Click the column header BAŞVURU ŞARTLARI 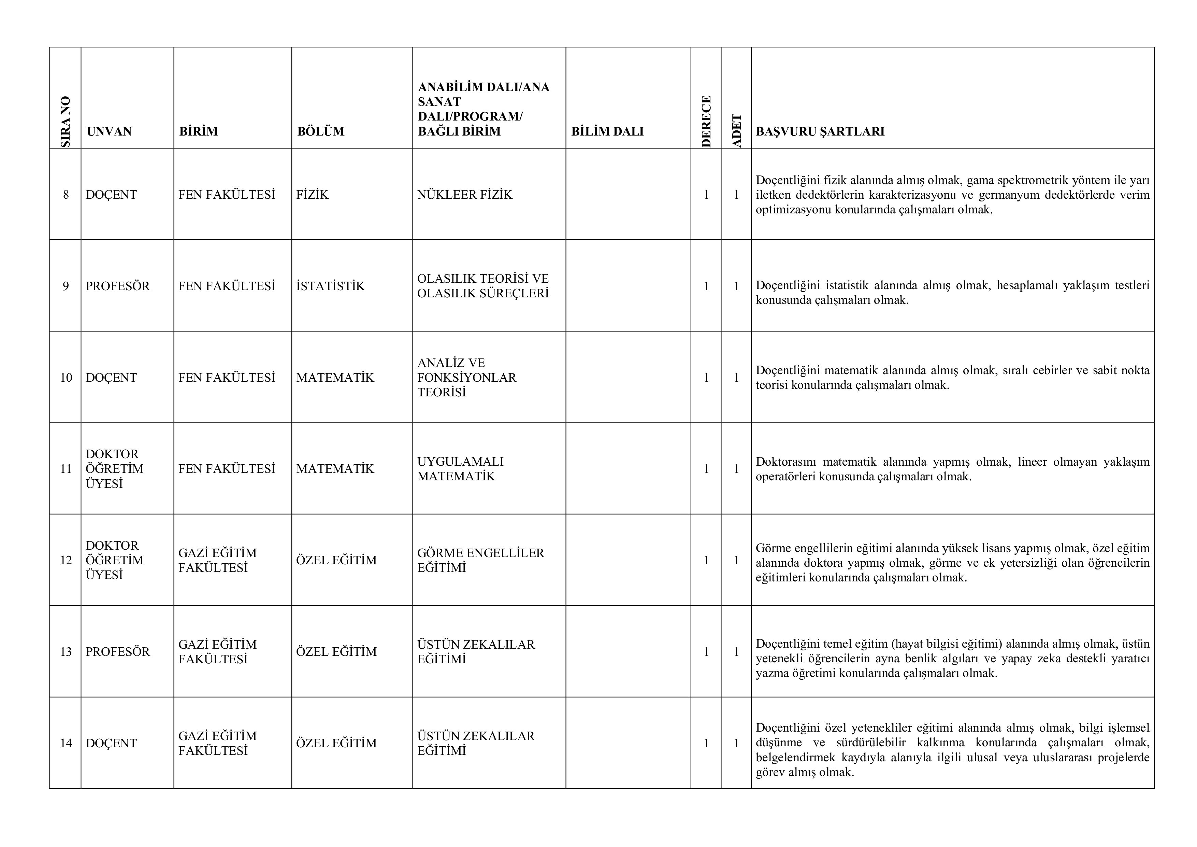[820, 131]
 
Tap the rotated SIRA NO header [66, 122]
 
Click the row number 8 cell [66, 195]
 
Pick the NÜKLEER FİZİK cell [464, 195]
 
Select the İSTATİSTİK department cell [331, 286]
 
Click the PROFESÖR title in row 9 [117, 286]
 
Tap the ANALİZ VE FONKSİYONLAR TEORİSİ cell [466, 377]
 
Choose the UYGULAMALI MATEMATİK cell [460, 468]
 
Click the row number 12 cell [66, 560]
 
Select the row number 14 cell [66, 743]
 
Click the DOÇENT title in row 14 [111, 743]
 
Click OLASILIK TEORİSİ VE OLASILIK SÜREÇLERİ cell [483, 286]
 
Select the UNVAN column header [109, 131]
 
